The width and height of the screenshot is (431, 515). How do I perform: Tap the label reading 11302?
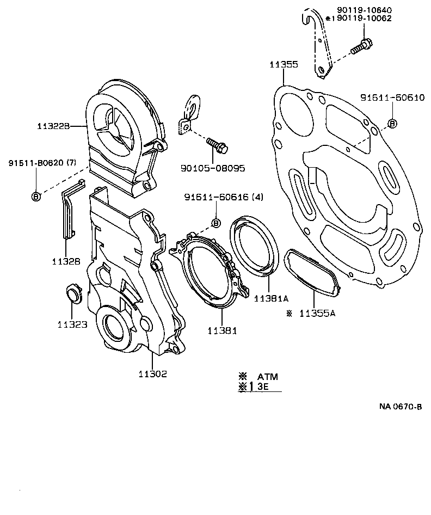tap(152, 373)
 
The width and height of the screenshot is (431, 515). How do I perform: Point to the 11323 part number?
tap(72, 324)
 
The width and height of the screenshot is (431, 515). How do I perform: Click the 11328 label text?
tap(66, 261)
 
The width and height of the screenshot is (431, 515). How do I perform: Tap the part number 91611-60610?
tap(392, 98)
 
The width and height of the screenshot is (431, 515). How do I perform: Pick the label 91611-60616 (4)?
tap(223, 197)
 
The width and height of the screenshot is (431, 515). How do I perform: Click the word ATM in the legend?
tap(268, 377)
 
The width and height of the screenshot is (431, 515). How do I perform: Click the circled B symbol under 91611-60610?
tap(392, 124)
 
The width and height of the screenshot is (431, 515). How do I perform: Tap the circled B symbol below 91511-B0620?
tap(36, 197)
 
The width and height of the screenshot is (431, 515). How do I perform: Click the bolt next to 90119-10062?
tap(361, 46)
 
